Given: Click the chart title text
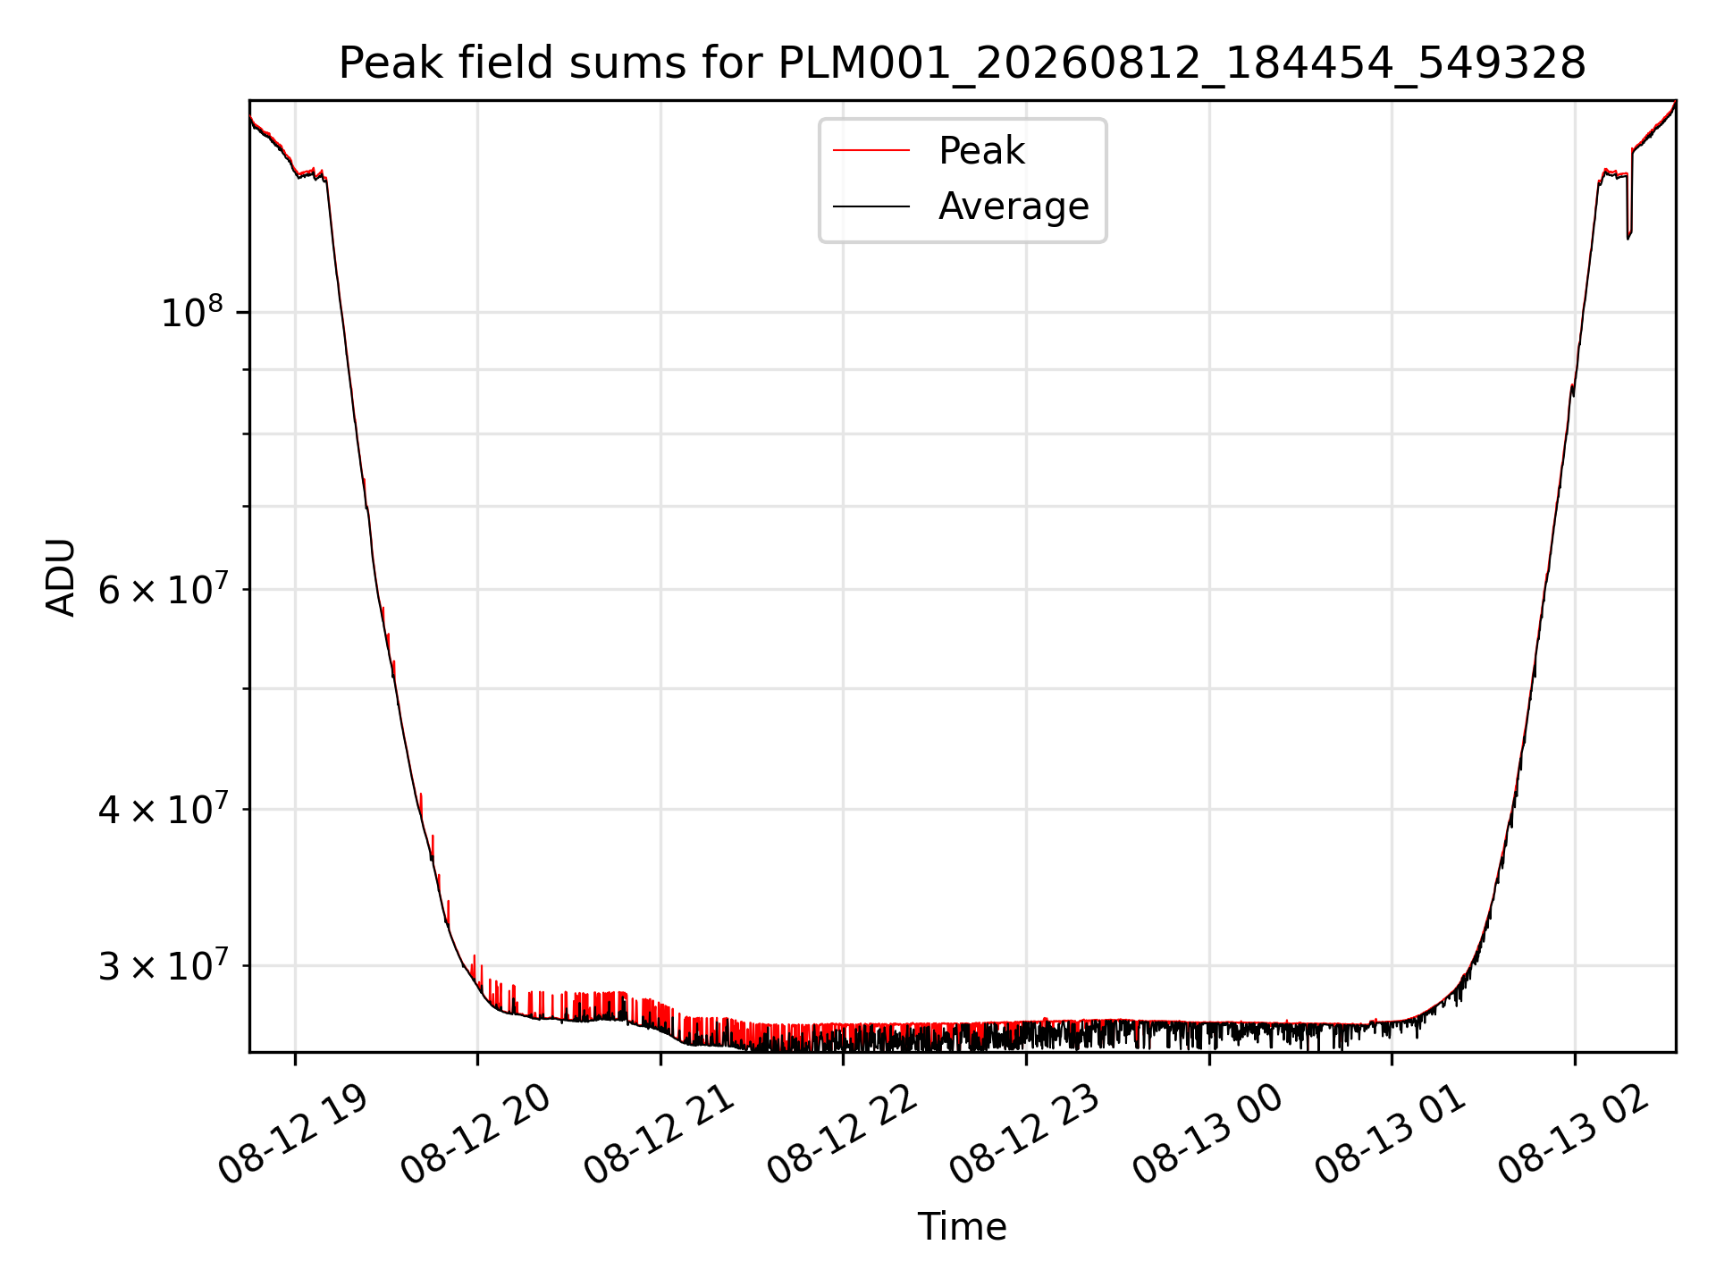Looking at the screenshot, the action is tap(963, 63).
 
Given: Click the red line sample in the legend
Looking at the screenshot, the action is tap(871, 151).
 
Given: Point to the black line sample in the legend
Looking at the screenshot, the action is tap(871, 206).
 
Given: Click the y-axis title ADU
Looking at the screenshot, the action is tap(61, 576).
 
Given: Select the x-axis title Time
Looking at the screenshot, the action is tap(963, 1226).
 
